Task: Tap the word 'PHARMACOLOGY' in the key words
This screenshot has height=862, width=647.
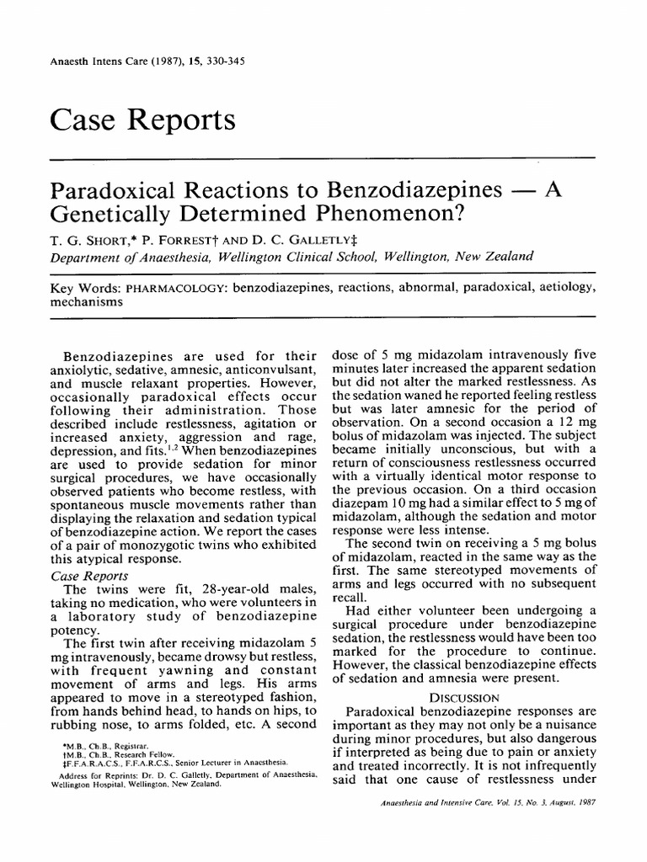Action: point(165,288)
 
